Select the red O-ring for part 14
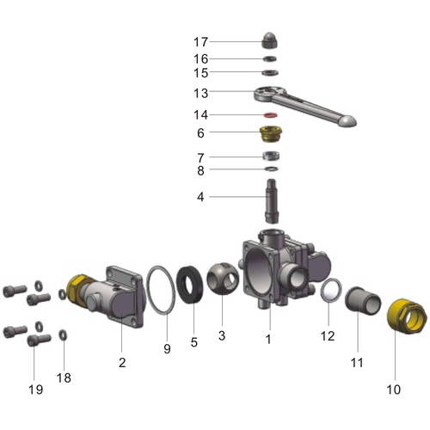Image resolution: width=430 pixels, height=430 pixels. coord(269,114)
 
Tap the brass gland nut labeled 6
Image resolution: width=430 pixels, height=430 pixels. coord(269,134)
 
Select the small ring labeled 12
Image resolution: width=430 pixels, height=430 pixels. coord(330,292)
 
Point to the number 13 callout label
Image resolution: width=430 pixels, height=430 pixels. coord(200,93)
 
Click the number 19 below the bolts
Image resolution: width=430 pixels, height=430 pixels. coord(35,390)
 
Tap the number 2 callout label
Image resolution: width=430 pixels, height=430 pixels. coord(122,363)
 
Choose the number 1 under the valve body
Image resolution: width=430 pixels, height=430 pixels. coord(267,340)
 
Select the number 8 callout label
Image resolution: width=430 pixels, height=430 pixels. coord(200,170)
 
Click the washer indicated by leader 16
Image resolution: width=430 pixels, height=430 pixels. coord(269,58)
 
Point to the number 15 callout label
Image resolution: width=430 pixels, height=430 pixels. coord(200,73)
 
